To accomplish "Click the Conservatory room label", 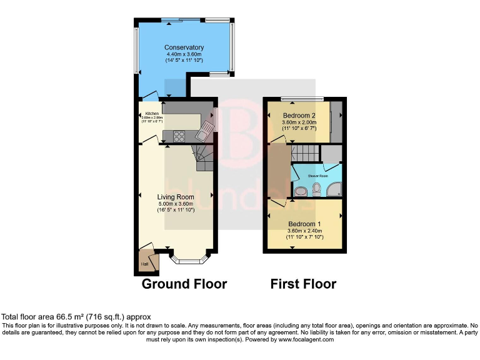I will (184, 47).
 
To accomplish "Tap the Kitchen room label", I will (152, 113).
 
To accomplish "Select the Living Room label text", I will (176, 197).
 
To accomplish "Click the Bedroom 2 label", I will (299, 116).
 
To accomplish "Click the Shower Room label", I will (317, 176).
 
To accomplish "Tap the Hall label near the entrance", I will (144, 264).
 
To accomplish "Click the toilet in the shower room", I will (317, 189).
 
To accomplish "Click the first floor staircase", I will (306, 152).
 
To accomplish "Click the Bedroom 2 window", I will (302, 99).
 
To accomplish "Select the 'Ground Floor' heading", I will (184, 284).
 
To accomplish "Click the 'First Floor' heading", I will (303, 284).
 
